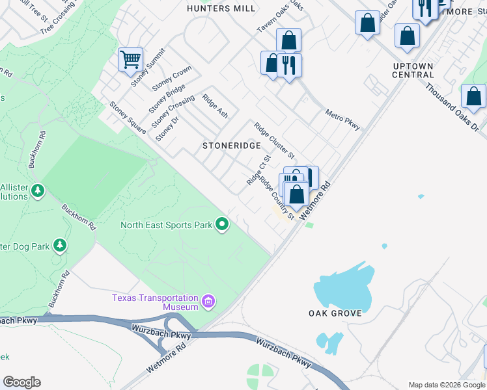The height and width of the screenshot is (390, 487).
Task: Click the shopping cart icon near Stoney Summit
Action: point(130,60)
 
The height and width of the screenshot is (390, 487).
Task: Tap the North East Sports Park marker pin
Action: point(222,225)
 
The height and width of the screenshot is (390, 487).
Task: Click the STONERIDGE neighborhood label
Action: point(231,146)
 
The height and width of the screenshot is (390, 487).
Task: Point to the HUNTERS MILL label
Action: point(213,8)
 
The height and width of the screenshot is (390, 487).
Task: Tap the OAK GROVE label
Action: point(335,313)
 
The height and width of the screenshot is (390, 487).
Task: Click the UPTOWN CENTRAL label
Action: point(413,70)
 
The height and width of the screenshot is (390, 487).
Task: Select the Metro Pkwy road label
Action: point(342,120)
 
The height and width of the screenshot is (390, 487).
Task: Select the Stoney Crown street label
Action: point(172,78)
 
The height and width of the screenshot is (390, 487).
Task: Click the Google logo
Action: point(21,382)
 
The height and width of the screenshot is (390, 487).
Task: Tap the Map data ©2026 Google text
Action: point(446,384)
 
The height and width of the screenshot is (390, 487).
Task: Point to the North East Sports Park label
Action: point(166,226)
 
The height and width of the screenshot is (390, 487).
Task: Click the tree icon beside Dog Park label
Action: point(60,245)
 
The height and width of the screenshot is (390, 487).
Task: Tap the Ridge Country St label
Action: point(278,198)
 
